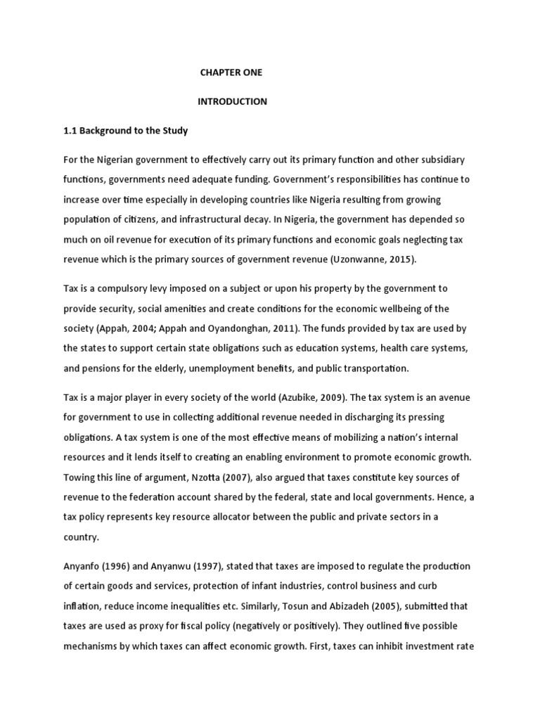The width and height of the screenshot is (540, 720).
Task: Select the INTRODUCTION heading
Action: [232, 102]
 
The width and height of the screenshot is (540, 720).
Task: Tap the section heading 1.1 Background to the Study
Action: [124, 131]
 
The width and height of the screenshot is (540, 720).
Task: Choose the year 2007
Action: [236, 477]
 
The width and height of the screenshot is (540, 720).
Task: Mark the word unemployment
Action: [233, 368]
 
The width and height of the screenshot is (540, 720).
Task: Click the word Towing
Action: [79, 477]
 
